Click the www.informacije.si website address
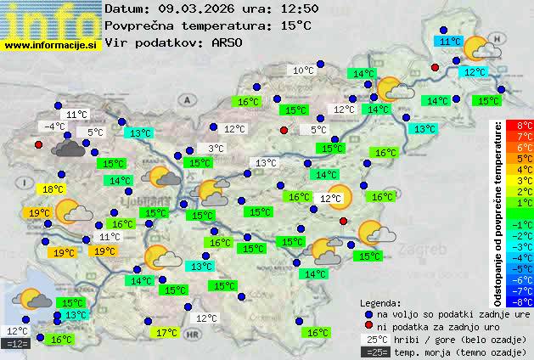click(51, 43)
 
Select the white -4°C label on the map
click(53, 127)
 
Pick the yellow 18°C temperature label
click(53, 189)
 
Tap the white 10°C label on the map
click(303, 70)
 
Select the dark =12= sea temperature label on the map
click(17, 344)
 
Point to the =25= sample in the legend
click(379, 351)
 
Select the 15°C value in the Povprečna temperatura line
click(295, 25)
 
